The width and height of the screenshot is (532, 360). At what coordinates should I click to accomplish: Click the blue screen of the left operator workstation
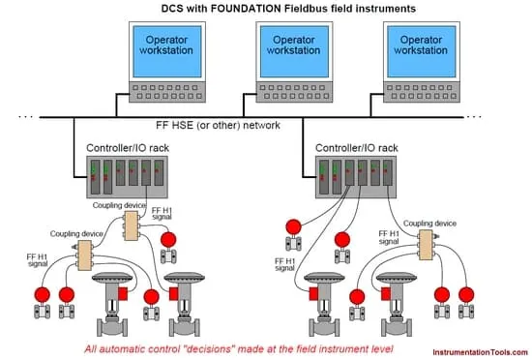tap(167, 51)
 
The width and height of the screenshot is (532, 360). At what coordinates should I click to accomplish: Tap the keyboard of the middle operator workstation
tap(294, 92)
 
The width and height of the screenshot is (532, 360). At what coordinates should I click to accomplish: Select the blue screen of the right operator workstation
tap(422, 51)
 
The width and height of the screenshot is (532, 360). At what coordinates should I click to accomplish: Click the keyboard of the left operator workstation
tap(167, 92)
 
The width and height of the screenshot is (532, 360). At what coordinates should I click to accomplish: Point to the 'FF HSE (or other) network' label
tap(218, 125)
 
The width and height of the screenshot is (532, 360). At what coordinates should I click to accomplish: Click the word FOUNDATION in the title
tap(246, 8)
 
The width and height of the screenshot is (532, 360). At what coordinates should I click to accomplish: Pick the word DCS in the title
tap(172, 8)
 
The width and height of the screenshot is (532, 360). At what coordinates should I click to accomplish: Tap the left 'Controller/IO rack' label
tap(128, 148)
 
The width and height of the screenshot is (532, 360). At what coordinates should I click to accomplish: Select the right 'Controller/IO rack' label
tap(357, 148)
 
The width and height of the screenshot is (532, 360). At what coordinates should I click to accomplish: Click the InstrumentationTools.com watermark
tap(480, 352)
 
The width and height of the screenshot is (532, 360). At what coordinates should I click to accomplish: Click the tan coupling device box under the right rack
tap(426, 245)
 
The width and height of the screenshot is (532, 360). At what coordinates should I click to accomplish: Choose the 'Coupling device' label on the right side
tap(429, 224)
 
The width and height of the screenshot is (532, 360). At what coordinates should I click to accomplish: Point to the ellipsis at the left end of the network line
tap(26, 117)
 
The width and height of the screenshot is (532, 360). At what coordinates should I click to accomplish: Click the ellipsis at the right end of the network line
tap(474, 117)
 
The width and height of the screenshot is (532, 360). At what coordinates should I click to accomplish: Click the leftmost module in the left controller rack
tap(96, 177)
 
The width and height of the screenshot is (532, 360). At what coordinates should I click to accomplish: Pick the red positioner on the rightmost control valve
tap(386, 294)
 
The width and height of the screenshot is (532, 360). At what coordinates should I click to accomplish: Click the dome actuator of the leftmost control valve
tap(112, 277)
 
